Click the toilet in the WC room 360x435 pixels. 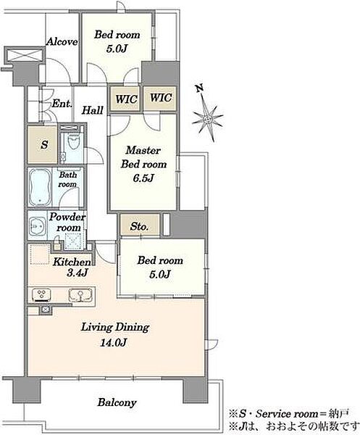(x=74, y=142)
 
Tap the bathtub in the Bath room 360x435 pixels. (x=40, y=187)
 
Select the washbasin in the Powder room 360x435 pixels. (x=38, y=225)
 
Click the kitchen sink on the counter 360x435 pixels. (x=80, y=295)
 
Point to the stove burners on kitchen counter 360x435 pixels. (x=41, y=295)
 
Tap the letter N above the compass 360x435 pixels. (x=199, y=88)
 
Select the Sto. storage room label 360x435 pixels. (x=139, y=226)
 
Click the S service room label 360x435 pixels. (x=44, y=144)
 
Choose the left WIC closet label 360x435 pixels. (x=126, y=99)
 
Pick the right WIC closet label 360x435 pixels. (x=161, y=98)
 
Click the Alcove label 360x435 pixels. (x=62, y=41)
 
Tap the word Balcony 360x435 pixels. (x=117, y=402)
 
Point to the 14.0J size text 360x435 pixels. (x=114, y=343)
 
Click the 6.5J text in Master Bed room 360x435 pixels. (x=143, y=178)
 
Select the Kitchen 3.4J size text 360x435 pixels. (x=78, y=273)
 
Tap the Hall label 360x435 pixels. (x=93, y=110)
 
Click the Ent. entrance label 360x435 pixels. (x=62, y=104)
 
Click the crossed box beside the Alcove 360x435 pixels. (x=25, y=54)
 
